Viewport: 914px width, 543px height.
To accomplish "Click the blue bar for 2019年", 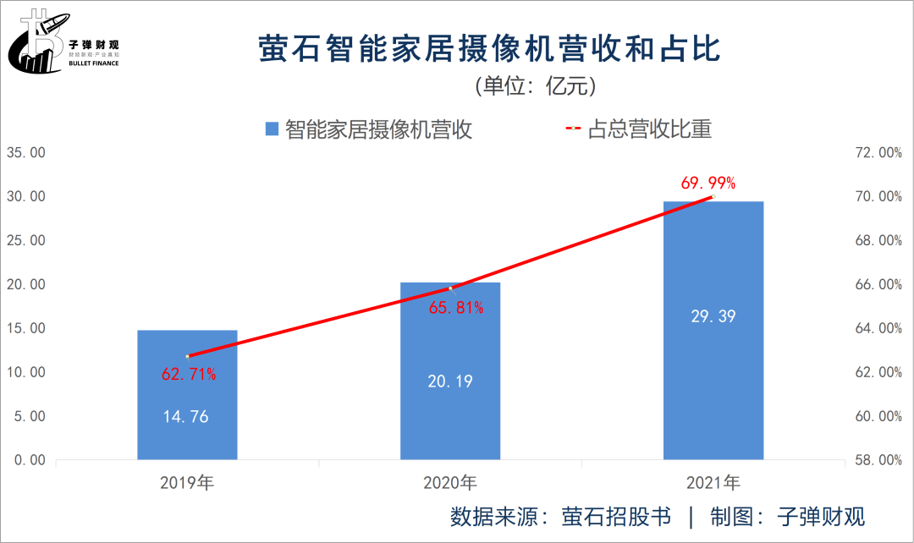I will point(187,395).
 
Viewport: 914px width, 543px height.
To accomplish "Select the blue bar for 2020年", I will point(450,371).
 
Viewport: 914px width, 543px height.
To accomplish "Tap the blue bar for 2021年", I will point(713,331).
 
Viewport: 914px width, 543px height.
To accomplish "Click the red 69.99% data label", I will point(708,183).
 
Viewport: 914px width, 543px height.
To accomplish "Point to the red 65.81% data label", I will point(456,308).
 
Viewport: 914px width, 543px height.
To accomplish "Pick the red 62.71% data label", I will point(189,374).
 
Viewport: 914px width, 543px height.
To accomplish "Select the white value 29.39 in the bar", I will point(713,316).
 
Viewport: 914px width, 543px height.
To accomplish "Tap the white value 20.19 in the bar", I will point(449,381).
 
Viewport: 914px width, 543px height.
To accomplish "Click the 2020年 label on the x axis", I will point(450,483).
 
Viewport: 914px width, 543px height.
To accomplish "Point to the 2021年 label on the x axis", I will point(713,483).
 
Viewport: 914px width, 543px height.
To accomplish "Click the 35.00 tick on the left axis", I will point(25,153).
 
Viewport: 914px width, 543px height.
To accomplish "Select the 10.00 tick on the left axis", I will point(25,372).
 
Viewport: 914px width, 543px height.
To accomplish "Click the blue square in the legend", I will point(272,129).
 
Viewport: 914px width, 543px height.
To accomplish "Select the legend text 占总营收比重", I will point(649,129).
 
